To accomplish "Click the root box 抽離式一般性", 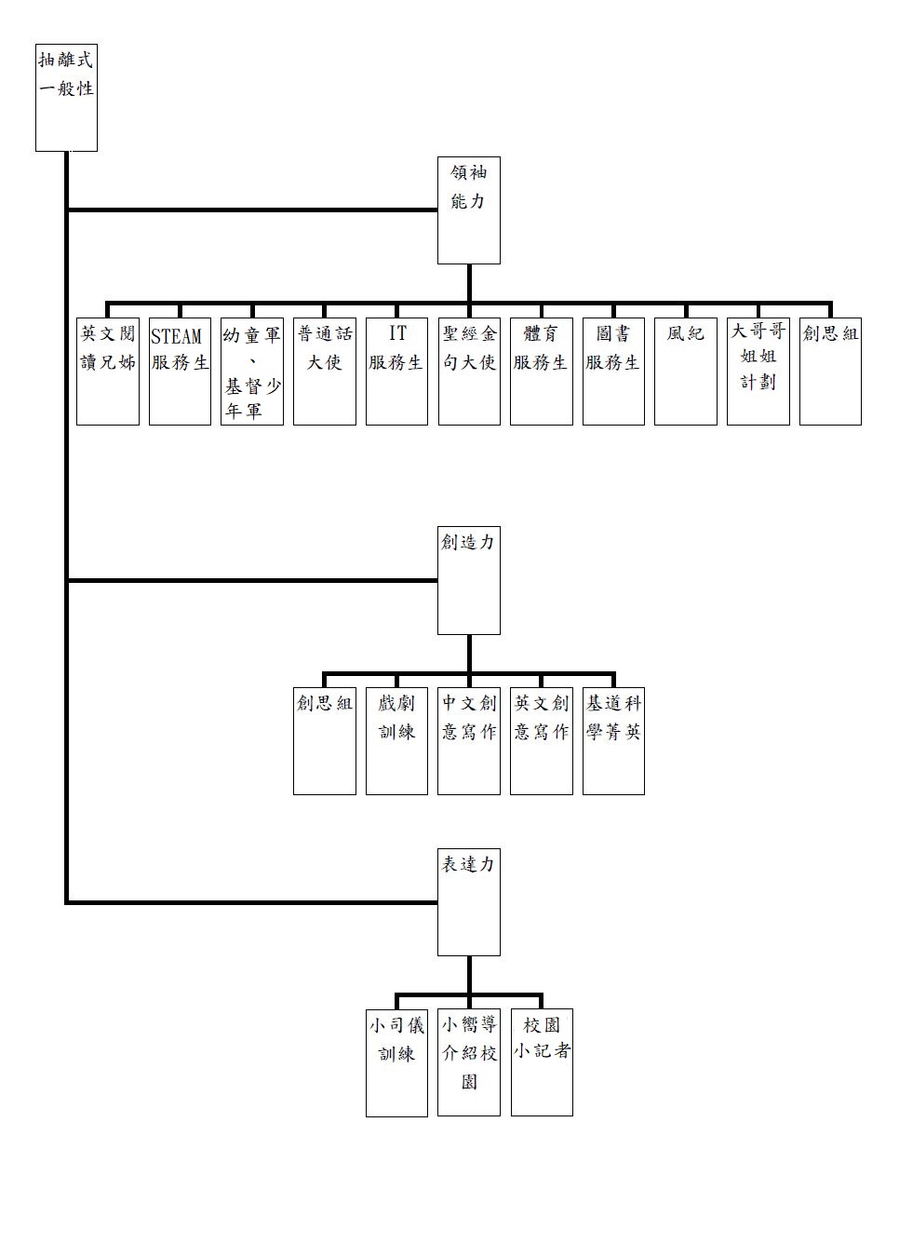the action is click(x=67, y=98).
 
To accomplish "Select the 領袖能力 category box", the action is click(x=469, y=210).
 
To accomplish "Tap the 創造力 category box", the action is click(x=469, y=580).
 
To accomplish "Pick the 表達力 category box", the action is click(x=469, y=902).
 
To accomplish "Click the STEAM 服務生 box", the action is click(x=180, y=372).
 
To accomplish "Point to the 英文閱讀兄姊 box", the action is click(x=108, y=372).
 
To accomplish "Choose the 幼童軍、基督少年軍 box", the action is click(x=252, y=372).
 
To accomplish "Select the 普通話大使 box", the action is click(x=325, y=372).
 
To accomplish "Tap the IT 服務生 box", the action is click(x=396, y=372).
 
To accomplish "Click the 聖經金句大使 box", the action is click(x=469, y=372).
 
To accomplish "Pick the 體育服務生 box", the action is click(x=542, y=372).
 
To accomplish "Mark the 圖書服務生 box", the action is click(x=614, y=372).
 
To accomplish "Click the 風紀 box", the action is click(x=686, y=372).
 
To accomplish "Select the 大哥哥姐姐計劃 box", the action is click(x=758, y=372).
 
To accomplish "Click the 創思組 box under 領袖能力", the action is click(x=831, y=372).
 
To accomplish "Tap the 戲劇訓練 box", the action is click(x=396, y=741).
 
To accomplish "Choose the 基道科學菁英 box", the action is click(x=614, y=741).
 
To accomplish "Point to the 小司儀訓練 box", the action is click(x=396, y=1063).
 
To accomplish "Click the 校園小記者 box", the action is click(x=542, y=1062).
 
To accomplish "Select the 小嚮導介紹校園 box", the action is click(x=469, y=1062).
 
